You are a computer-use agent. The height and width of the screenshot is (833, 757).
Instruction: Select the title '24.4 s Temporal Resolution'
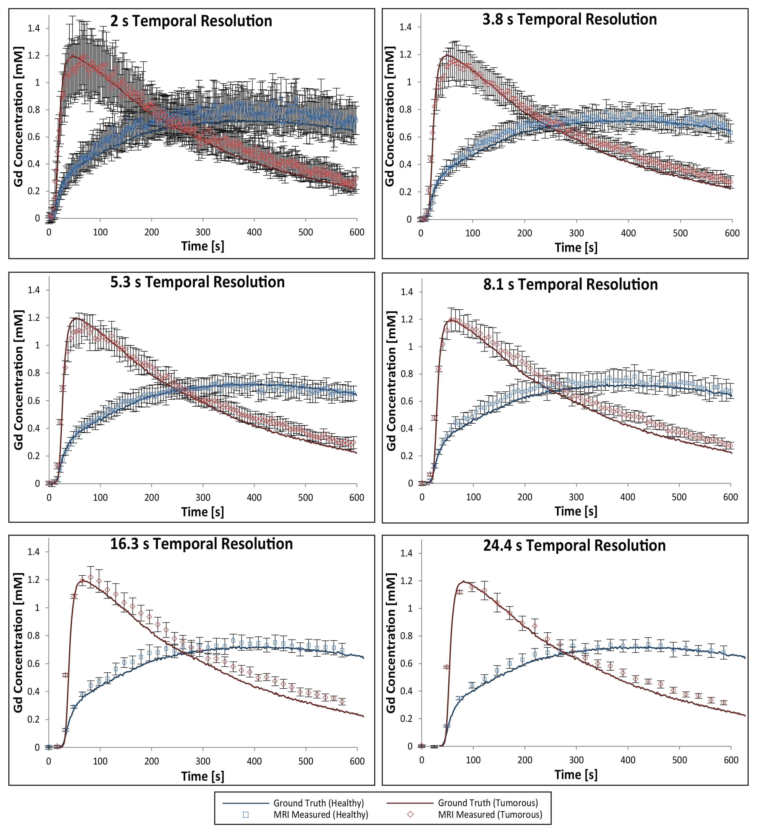pos(574,545)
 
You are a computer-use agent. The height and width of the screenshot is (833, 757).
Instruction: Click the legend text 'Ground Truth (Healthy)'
pos(318,803)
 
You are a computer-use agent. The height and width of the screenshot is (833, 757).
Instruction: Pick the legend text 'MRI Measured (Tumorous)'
pos(490,814)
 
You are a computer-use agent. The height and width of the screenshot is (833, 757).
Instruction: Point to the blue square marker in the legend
pos(246,814)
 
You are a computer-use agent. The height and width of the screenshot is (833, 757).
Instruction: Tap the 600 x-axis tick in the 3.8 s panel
pos(732,233)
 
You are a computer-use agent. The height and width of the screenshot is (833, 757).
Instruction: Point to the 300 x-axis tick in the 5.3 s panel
pos(203,497)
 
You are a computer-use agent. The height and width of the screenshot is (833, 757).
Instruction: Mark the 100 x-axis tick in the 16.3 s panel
pos(100,761)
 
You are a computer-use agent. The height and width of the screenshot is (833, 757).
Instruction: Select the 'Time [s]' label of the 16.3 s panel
pos(203,776)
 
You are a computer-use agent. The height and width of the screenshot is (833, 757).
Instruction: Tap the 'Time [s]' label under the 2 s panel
pos(203,246)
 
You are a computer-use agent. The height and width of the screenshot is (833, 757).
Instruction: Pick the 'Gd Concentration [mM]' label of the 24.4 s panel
pos(391,643)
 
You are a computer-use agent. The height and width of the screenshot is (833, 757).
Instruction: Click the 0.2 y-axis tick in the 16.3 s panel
pos(34,719)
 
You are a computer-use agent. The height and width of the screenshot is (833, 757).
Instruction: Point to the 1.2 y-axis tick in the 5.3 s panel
pos(34,318)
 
